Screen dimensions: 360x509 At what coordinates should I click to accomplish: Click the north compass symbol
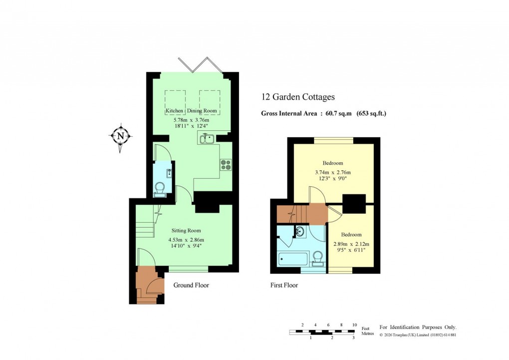(x=120, y=135)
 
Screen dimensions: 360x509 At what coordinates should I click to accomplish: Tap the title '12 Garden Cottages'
(x=298, y=97)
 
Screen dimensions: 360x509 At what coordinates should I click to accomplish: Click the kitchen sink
(x=207, y=139)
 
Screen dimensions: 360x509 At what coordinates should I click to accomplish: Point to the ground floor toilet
(x=160, y=188)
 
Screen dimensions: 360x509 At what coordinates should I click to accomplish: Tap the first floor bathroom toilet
(x=317, y=257)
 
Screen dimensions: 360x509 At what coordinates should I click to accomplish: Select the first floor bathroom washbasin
(x=300, y=232)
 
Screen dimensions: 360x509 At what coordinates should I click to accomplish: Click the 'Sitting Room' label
(x=186, y=231)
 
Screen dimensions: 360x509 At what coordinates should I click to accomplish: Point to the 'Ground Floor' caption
(x=191, y=285)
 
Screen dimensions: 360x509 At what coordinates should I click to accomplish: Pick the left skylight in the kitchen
(x=176, y=99)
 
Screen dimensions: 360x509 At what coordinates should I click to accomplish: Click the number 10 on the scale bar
(x=354, y=325)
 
